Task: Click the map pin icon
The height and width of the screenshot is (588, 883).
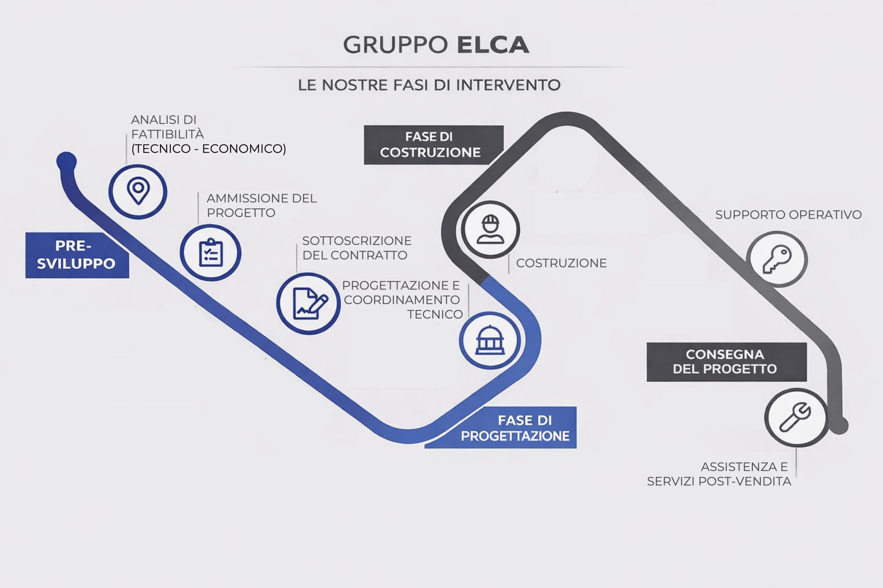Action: tap(138, 191)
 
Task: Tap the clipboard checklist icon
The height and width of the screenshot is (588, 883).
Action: tap(210, 253)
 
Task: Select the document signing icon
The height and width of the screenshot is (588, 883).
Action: tap(309, 303)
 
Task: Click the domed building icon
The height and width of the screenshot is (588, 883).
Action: tap(490, 341)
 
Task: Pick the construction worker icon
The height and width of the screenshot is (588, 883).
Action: tap(490, 230)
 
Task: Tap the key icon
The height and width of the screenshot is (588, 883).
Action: tap(777, 259)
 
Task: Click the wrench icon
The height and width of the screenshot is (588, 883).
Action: tap(796, 417)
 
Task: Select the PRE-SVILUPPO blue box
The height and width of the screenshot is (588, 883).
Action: tap(77, 255)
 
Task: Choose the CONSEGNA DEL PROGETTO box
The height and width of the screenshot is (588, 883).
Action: tap(726, 362)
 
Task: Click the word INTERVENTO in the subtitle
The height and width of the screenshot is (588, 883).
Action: tap(508, 85)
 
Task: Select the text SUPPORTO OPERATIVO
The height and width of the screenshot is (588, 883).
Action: tap(788, 215)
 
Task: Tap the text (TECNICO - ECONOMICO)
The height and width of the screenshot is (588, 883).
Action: tap(209, 149)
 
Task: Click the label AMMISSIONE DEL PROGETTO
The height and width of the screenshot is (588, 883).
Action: tap(261, 205)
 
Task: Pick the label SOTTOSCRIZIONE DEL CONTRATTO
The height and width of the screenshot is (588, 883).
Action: tap(357, 248)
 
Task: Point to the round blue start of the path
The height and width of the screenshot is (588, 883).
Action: tap(67, 162)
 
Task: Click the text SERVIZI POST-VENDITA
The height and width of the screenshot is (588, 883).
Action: tap(718, 481)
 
